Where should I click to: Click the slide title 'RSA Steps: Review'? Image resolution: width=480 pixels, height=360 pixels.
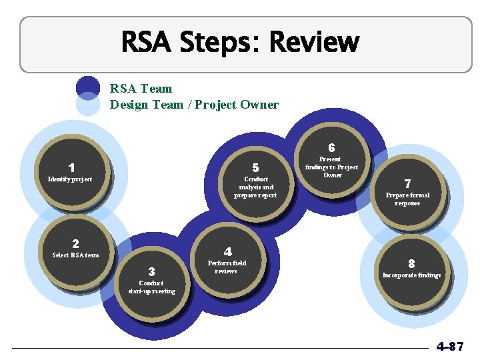(240, 43)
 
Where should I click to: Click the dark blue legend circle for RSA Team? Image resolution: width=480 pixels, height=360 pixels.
(87, 87)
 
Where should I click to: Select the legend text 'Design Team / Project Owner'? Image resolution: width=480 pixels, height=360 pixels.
(194, 104)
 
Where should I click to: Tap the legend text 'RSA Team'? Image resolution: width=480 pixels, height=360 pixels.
(141, 88)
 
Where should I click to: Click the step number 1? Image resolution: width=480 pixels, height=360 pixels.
(71, 168)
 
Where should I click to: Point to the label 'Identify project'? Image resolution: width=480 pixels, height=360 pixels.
(70, 179)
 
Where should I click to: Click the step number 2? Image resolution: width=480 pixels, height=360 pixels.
(75, 244)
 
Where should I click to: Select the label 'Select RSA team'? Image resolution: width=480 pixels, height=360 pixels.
(75, 255)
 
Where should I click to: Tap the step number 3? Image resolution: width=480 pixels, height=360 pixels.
(151, 271)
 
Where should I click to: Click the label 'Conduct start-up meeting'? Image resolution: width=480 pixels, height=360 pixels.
(151, 287)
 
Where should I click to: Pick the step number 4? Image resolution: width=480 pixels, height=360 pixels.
(227, 252)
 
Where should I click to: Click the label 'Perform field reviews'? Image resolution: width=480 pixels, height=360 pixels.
(227, 267)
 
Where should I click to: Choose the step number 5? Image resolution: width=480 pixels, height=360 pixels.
(255, 168)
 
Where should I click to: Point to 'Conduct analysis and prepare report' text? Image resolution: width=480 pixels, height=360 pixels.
(255, 187)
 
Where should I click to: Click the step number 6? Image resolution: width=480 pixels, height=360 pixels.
(331, 147)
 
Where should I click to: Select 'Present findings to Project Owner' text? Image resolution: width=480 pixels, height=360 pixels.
(331, 167)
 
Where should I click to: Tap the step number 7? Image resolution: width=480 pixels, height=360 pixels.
(407, 183)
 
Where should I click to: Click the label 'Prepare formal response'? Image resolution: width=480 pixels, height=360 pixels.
(407, 199)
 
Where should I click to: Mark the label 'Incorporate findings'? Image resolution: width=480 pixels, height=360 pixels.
(411, 275)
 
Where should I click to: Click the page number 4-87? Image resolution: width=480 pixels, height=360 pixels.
(449, 347)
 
